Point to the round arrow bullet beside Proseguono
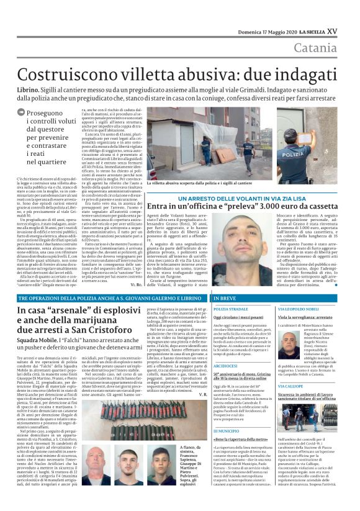[x=22, y=112]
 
